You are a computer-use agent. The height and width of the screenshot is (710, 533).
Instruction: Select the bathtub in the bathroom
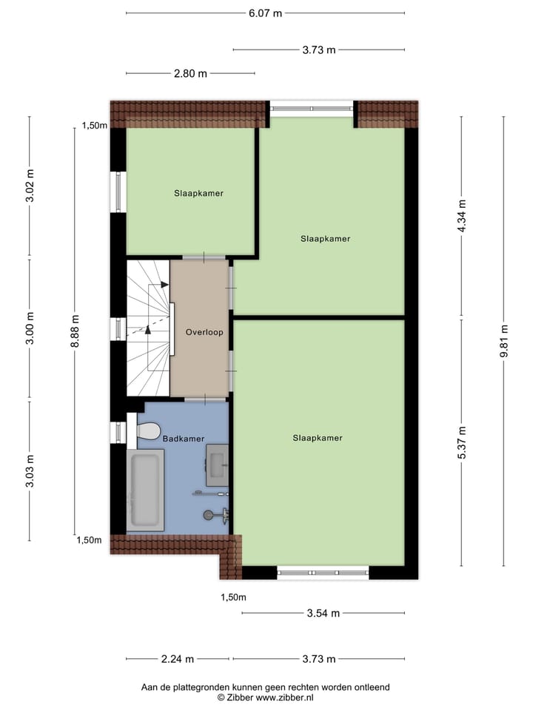144,490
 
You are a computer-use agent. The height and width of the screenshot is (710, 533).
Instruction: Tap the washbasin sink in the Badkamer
218,465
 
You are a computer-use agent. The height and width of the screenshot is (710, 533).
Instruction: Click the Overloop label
204,332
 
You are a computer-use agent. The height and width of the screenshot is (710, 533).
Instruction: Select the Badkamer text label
183,439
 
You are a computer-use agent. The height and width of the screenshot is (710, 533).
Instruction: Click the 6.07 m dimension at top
265,13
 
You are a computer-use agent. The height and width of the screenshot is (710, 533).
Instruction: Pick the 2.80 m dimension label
190,73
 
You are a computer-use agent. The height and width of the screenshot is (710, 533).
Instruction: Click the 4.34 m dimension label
462,217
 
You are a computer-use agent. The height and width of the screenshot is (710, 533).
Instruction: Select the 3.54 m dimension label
323,613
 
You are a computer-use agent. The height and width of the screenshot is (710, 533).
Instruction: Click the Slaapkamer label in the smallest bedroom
198,193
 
